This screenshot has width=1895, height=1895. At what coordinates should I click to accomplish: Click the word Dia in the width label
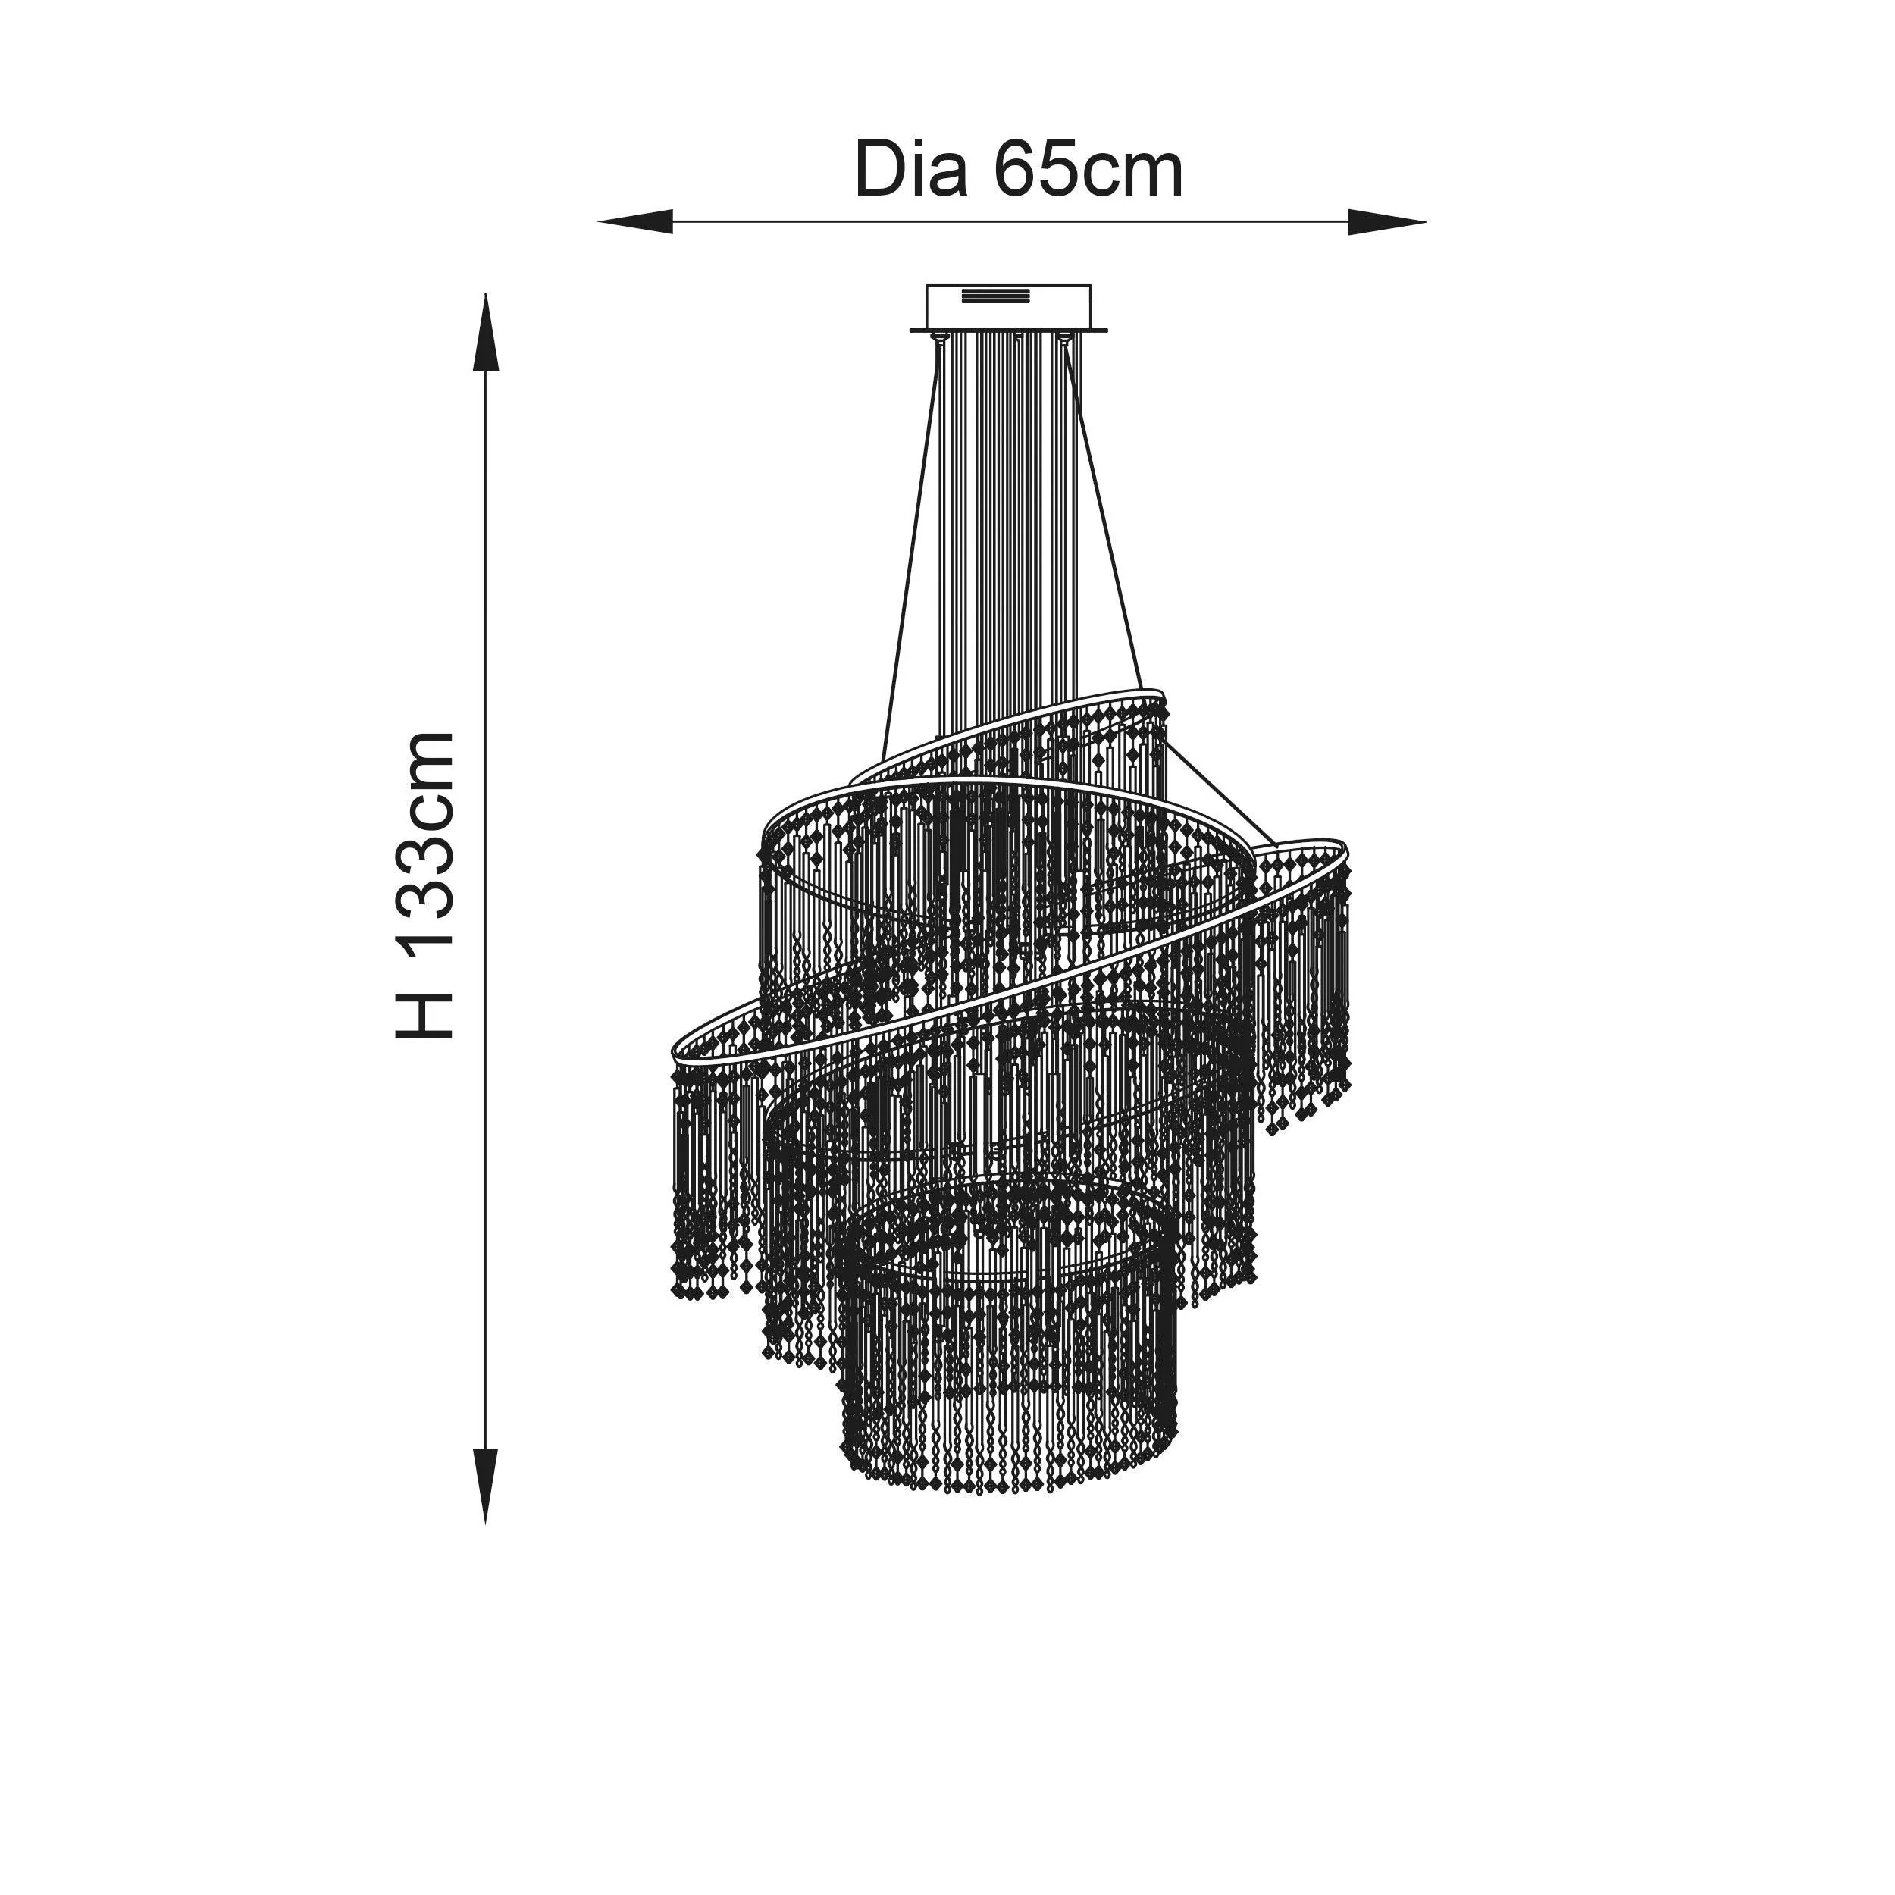coord(911,170)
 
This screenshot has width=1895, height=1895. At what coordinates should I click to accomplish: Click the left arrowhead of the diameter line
coord(636,221)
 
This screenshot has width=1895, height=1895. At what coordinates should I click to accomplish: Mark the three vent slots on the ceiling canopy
coord(991,294)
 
